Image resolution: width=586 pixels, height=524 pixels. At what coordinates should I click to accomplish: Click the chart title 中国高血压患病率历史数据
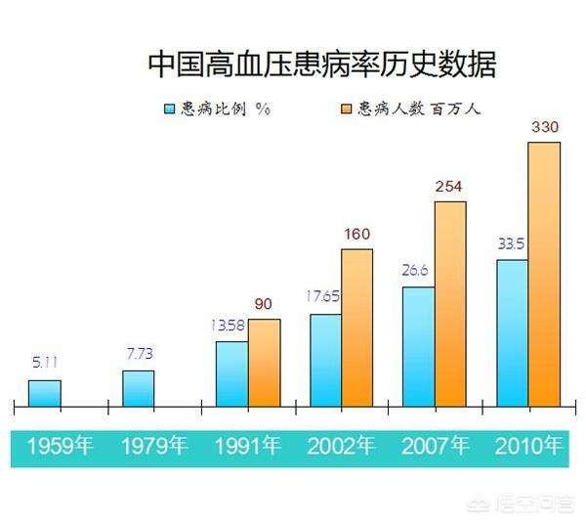click(321, 65)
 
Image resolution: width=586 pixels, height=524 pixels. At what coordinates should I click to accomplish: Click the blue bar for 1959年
click(44, 393)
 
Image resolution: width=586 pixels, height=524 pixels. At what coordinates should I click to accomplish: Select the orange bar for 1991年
click(264, 363)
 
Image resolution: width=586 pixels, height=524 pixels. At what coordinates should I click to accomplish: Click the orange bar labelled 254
click(450, 303)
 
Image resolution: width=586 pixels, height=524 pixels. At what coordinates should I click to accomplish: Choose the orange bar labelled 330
click(544, 274)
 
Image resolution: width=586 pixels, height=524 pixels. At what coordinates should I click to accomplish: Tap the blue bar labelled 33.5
click(512, 332)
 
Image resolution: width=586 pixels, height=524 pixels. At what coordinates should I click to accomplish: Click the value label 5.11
click(44, 363)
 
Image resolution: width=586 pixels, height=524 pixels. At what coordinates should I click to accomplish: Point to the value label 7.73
click(139, 352)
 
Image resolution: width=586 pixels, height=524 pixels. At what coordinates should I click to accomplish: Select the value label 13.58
click(231, 325)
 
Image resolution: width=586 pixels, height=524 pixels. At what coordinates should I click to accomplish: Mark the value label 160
click(356, 234)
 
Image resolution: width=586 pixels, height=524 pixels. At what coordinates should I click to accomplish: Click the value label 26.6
click(418, 270)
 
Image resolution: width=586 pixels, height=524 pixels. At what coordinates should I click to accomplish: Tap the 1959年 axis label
click(60, 447)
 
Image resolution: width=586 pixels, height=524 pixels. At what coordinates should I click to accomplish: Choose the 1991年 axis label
click(247, 447)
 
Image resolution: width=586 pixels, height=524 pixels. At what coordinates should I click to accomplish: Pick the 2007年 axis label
click(436, 447)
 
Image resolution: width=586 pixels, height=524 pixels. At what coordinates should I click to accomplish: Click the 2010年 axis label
click(528, 447)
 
